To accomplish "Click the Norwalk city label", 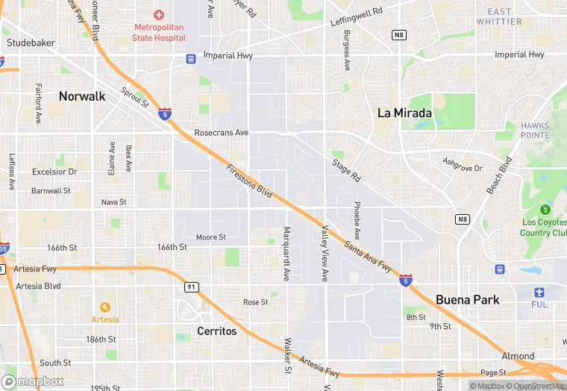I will point(82,96).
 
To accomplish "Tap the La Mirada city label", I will point(404,113).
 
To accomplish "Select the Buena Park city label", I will point(468,299).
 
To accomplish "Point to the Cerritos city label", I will point(216,331).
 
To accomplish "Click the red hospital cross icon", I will point(157,15).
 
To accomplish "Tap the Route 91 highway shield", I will point(191,287).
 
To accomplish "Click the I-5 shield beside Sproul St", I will point(164,114).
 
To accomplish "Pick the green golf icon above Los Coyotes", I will point(545,209).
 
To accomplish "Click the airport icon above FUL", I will point(539,292).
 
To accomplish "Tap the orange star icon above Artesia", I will point(104,307).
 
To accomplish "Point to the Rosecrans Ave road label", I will point(221,133).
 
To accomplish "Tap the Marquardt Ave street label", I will point(286,254).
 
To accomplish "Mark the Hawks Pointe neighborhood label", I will point(535,130).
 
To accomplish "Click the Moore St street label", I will point(210,237).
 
